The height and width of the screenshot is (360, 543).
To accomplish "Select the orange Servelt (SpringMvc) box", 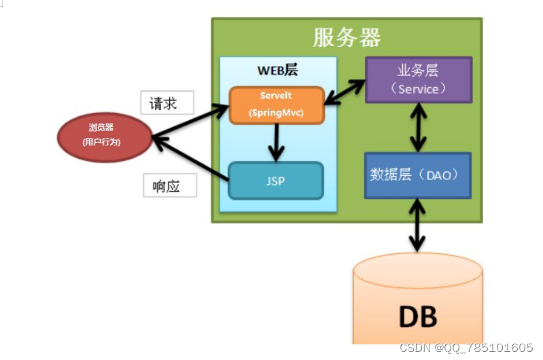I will (x=276, y=105).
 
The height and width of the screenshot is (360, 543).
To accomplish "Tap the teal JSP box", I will (x=275, y=181).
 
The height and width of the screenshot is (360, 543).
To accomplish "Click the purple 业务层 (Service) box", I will (x=418, y=80).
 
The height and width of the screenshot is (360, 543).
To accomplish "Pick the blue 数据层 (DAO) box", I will (x=418, y=175).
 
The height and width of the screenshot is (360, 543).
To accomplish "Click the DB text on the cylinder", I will (x=417, y=317).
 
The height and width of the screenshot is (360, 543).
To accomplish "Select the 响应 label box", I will (x=167, y=186).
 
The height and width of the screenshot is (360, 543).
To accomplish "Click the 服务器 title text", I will (x=347, y=37).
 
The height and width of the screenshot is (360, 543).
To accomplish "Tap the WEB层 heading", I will (x=277, y=71).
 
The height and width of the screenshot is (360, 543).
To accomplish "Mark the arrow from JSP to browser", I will (x=190, y=158).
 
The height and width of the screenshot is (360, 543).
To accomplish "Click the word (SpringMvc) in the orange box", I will (x=276, y=112).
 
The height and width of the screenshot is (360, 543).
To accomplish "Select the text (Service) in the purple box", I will (x=418, y=89).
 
